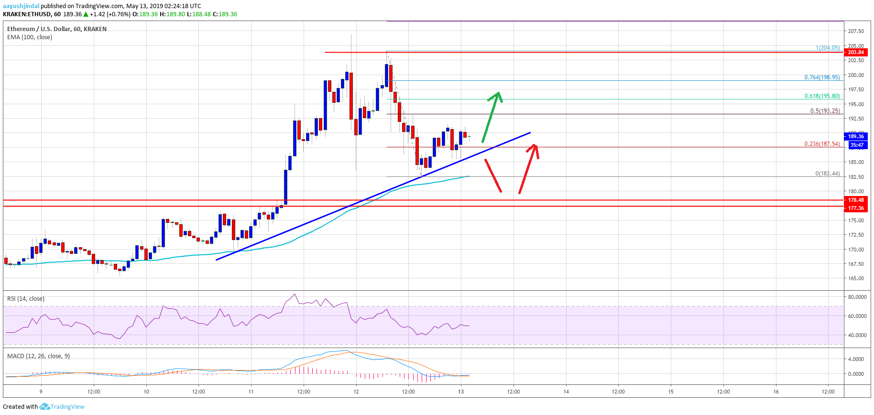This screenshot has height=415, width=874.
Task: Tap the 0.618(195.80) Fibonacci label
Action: pos(822,96)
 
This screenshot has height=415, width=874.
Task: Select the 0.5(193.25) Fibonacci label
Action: pos(825,111)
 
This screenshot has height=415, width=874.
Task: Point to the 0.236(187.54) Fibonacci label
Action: pos(822,144)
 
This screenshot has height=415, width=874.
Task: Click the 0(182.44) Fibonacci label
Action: pos(827,174)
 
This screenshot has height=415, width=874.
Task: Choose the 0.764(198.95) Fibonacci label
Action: pos(822,77)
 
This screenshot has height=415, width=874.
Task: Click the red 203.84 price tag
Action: pos(856,52)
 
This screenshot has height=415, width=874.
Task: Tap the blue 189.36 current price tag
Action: pos(856,136)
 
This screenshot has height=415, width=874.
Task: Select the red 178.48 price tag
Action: pos(856,200)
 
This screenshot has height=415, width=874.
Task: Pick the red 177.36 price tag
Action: pos(856,208)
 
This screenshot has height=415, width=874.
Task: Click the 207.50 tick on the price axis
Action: pos(856,31)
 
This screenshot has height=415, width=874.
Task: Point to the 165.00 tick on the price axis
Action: pos(856,278)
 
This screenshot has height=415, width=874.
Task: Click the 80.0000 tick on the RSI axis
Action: pos(857,297)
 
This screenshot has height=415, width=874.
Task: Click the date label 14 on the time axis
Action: pos(566,392)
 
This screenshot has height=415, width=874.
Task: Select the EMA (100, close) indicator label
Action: pos(30,37)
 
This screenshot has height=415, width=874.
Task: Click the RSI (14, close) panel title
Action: pos(26,299)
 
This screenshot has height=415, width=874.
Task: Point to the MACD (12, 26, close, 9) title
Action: pos(38,356)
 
